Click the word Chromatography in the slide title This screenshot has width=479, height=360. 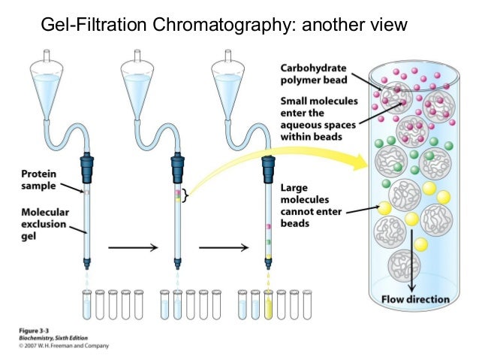tap(221, 26)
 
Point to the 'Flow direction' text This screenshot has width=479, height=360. tap(414, 299)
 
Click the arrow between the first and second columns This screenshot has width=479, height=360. tap(131, 247)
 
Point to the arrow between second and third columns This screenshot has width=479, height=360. tap(223, 247)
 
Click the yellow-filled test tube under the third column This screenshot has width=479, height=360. tap(268, 306)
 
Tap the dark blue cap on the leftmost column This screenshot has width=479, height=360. tap(89, 164)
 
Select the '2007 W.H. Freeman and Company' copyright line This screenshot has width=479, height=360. tap(65, 346)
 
